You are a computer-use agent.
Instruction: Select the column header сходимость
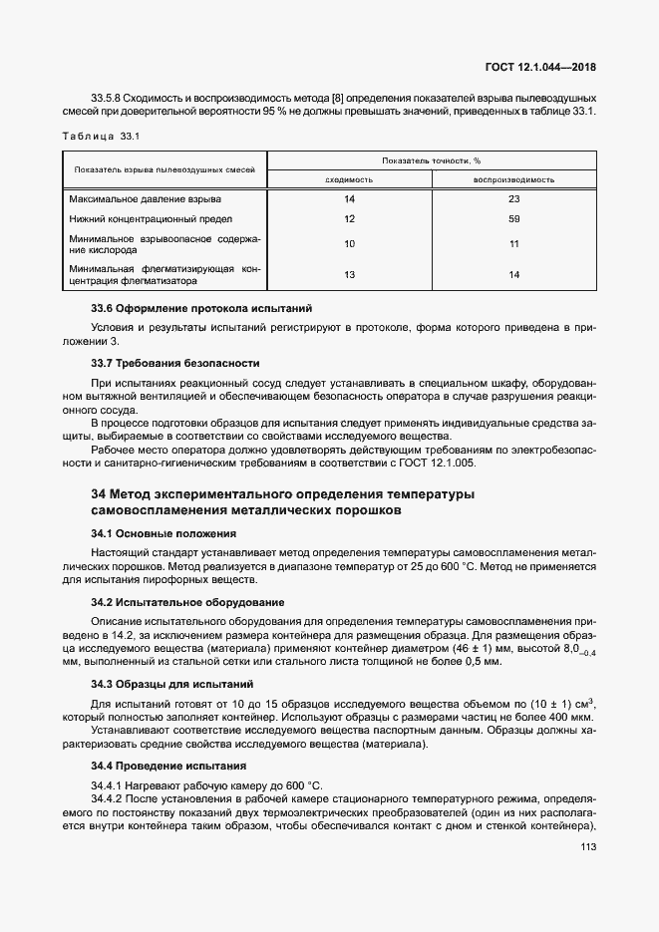tap(349, 179)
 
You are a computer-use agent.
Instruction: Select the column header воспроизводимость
tap(514, 179)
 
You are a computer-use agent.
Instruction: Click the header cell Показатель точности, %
tap(431, 159)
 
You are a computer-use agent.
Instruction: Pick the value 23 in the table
tap(514, 199)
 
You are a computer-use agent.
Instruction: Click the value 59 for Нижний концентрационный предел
tap(514, 218)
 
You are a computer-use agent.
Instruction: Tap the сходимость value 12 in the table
tap(349, 218)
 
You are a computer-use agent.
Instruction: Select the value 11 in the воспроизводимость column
tap(514, 243)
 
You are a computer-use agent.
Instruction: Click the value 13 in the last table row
tap(349, 274)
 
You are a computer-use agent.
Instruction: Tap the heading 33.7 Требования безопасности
tap(175, 363)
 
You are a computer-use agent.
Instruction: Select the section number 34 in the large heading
tap(98, 494)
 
